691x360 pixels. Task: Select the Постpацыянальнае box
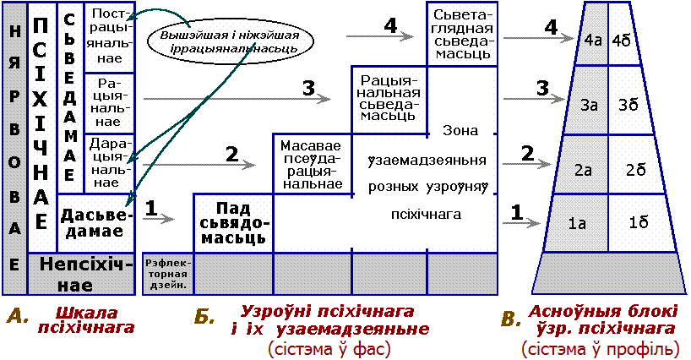(x=110, y=38)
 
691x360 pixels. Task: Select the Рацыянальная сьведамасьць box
(x=389, y=99)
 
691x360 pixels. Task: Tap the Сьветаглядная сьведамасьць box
(x=461, y=35)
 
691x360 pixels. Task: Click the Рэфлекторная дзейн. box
(x=168, y=270)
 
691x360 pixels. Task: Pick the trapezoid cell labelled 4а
(x=592, y=39)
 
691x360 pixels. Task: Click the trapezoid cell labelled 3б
(x=628, y=105)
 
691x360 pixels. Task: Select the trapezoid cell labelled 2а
(x=583, y=170)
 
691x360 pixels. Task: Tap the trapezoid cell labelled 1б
(x=638, y=223)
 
